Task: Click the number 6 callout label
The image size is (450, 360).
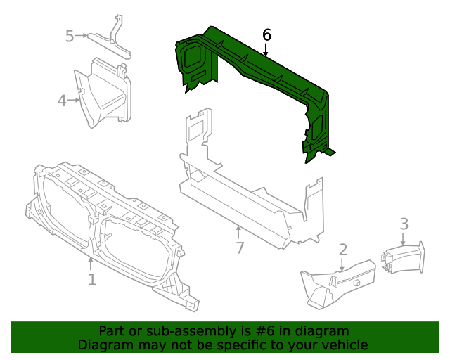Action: pyautogui.click(x=266, y=34)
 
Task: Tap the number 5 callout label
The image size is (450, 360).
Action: pyautogui.click(x=70, y=35)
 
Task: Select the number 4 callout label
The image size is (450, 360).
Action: pyautogui.click(x=62, y=101)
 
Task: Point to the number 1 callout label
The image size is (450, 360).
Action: pyautogui.click(x=91, y=280)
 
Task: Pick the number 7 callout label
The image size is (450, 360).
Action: pyautogui.click(x=240, y=247)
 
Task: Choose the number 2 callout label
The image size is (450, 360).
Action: pyautogui.click(x=342, y=249)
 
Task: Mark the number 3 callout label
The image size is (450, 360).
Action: pyautogui.click(x=404, y=224)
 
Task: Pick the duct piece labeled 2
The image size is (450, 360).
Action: pyautogui.click(x=337, y=281)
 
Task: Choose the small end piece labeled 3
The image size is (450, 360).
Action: pyautogui.click(x=404, y=257)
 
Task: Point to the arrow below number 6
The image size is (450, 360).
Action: pyautogui.click(x=266, y=50)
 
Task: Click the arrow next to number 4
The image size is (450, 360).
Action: pyautogui.click(x=75, y=101)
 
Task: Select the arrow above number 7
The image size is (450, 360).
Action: pyautogui.click(x=239, y=231)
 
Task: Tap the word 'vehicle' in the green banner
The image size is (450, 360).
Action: pyautogui.click(x=344, y=345)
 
